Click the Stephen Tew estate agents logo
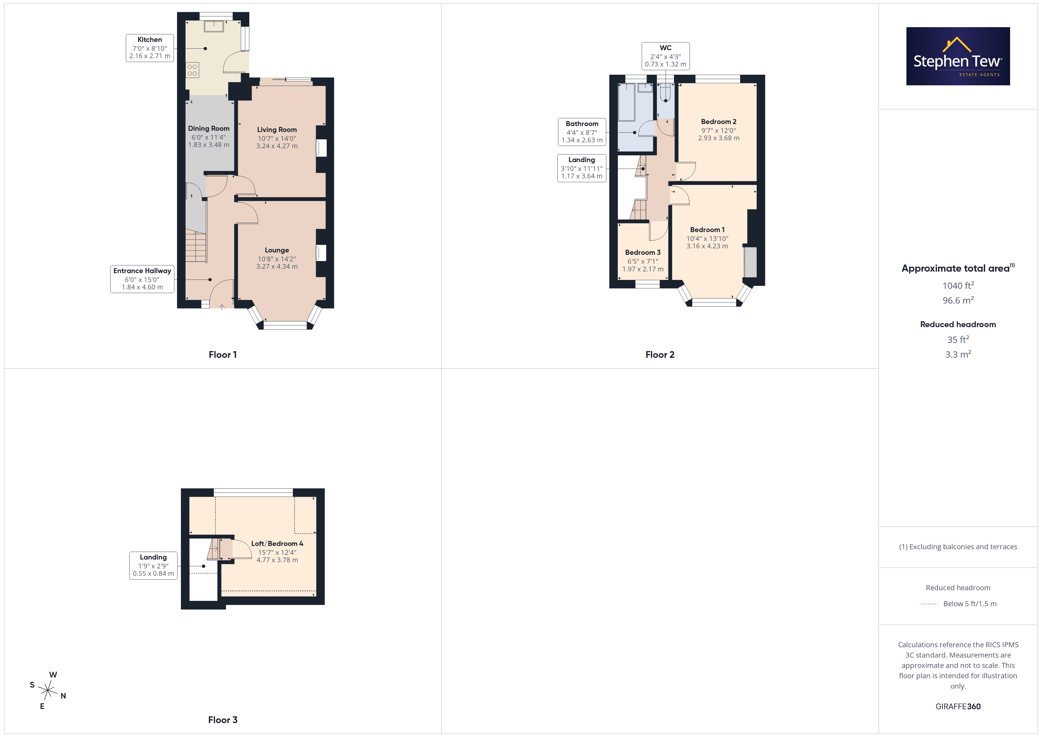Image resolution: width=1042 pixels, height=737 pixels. point(958,56)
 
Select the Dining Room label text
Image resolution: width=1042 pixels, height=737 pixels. point(209,128)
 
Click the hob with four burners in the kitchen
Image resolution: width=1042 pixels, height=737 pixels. point(193,70)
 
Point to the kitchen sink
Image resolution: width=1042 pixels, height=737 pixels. point(214,26)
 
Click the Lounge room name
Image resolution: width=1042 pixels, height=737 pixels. point(277,250)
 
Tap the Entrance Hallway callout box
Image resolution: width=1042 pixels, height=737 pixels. point(142,279)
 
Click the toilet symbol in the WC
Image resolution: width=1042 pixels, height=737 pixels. point(666,93)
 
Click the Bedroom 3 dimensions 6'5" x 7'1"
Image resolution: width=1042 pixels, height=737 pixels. point(643,261)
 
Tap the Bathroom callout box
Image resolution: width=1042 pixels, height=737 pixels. point(582,132)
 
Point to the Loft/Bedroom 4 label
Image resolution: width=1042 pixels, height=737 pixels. point(277,544)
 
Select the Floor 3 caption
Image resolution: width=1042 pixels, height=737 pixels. point(223,720)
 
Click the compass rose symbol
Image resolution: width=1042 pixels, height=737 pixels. point(48,691)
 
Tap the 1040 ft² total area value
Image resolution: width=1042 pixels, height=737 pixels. point(958,286)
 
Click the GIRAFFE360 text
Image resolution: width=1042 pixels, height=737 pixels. point(958,707)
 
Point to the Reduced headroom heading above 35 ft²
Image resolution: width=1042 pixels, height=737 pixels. point(958,325)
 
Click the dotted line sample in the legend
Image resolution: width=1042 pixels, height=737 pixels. point(929,604)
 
